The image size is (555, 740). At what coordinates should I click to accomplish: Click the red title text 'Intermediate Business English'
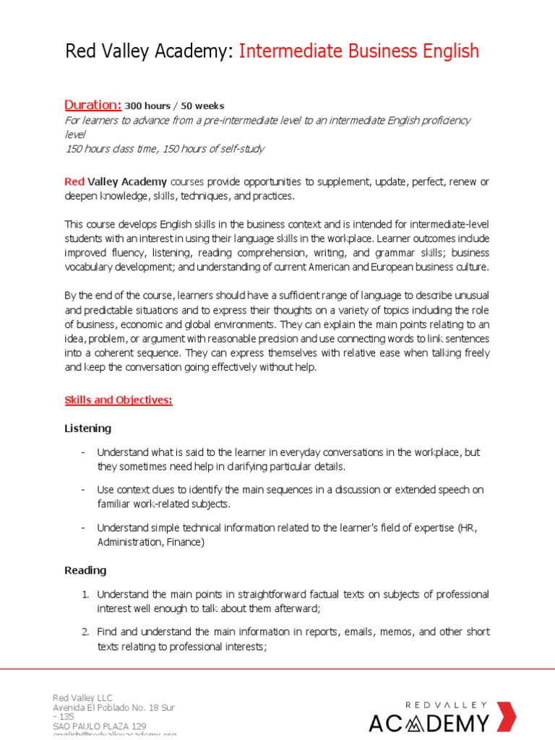tap(358, 51)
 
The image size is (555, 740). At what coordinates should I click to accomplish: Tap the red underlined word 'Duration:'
tap(93, 105)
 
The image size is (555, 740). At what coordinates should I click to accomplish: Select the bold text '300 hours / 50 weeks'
tap(174, 106)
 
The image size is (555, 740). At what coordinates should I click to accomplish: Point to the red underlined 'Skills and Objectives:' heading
tap(119, 400)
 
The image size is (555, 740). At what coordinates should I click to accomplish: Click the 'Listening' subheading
tap(88, 429)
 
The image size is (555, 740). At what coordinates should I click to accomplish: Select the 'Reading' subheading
tap(85, 570)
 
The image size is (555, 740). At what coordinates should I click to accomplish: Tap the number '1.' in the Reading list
tap(85, 594)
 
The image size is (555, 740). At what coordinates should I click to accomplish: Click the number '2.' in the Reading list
tap(85, 632)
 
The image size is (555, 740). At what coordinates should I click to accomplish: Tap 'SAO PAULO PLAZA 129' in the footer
tap(99, 726)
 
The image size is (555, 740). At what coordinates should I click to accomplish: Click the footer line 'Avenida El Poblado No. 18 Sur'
tap(113, 707)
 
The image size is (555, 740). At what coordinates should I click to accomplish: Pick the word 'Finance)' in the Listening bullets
tap(184, 542)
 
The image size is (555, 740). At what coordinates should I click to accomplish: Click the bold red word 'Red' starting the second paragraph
tap(74, 181)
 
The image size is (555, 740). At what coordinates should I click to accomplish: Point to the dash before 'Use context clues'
tap(84, 490)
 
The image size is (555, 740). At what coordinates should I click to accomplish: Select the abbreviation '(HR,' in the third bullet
tap(468, 528)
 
